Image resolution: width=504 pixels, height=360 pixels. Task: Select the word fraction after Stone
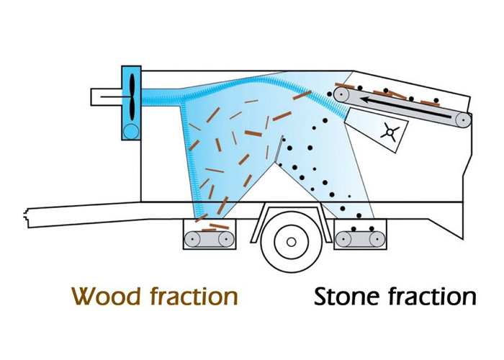(434, 295)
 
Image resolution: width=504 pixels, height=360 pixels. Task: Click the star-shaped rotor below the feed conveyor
(390, 132)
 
